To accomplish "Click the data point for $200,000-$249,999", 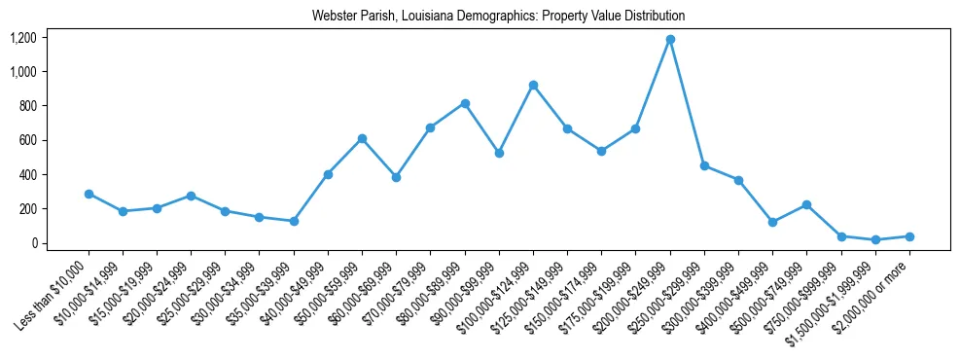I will [x=670, y=39].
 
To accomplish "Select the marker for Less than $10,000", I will [x=89, y=194].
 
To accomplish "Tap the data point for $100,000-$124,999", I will [x=533, y=86].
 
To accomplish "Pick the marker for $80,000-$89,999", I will [x=465, y=103].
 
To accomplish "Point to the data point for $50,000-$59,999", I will [x=362, y=138].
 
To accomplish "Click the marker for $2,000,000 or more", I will [x=909, y=236].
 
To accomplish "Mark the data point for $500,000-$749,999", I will [x=806, y=204].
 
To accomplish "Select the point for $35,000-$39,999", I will [x=294, y=221].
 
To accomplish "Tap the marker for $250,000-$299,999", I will [x=704, y=165].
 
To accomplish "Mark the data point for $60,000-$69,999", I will [x=396, y=177].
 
